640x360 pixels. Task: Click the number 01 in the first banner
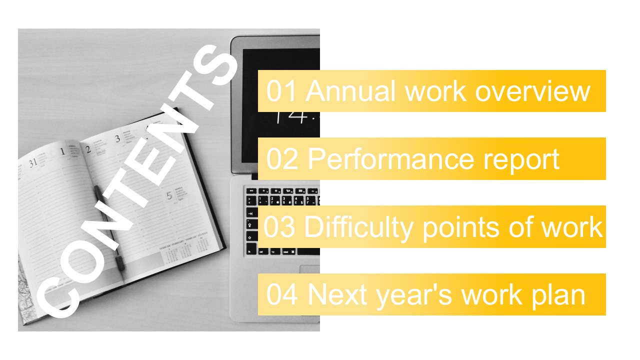(x=281, y=91)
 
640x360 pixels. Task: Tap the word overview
(x=532, y=91)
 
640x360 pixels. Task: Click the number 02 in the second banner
(x=281, y=159)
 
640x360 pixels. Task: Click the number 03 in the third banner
(x=279, y=226)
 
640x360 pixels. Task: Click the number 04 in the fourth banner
(x=281, y=294)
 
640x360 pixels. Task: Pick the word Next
(x=337, y=294)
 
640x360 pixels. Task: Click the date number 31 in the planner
(x=33, y=163)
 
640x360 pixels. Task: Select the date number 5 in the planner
(x=169, y=196)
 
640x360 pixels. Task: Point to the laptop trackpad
(x=309, y=269)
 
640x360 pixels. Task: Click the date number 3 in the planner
(x=117, y=139)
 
